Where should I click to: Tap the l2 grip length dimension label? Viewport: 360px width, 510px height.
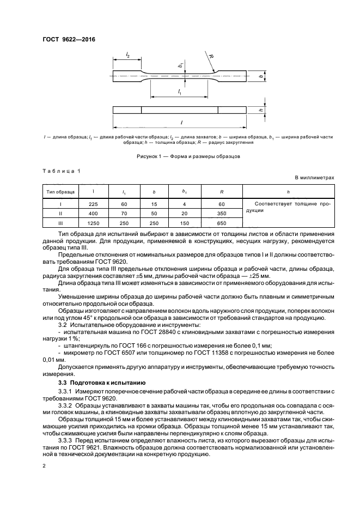127,55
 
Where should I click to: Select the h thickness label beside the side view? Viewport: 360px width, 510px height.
261,110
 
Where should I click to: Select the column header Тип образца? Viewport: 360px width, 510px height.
61,192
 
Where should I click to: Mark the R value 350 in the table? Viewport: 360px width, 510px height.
222,214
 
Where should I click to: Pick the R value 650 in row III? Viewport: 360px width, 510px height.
222,223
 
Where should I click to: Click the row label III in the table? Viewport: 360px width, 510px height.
61,223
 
